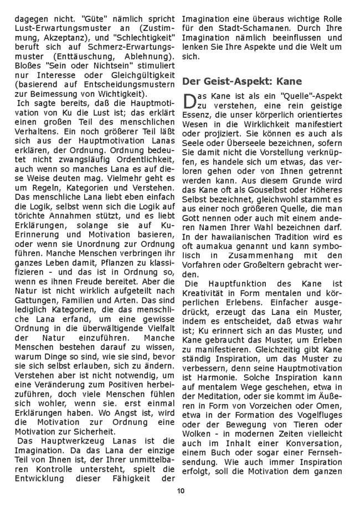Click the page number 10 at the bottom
(179, 490)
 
